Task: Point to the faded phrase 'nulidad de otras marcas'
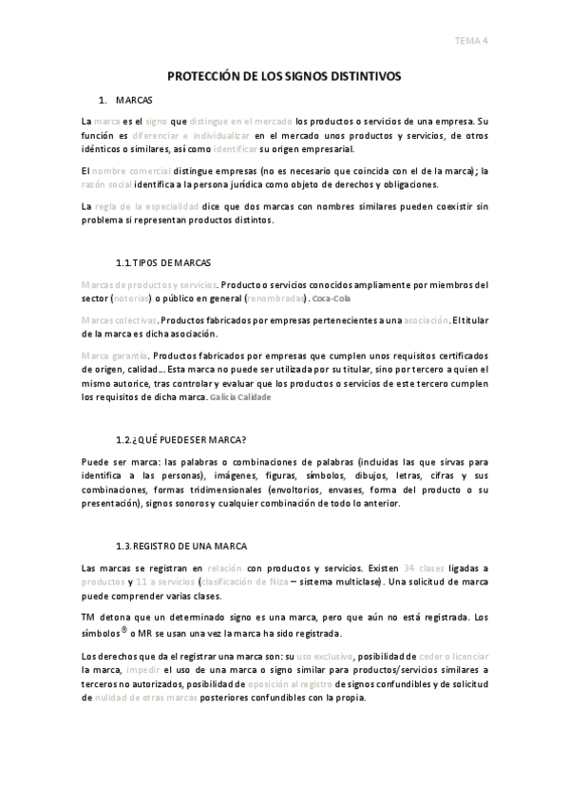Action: coord(146,697)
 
